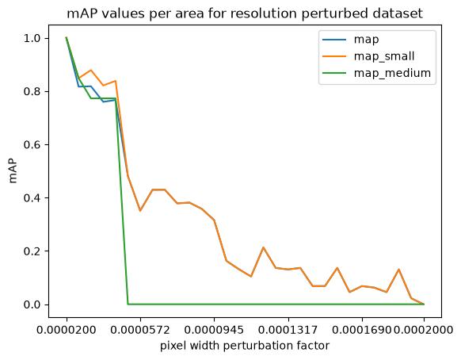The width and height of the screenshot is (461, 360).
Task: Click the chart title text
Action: pos(245,13)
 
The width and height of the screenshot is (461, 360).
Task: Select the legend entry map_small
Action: pos(384,56)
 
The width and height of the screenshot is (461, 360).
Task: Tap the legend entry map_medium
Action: pos(392,73)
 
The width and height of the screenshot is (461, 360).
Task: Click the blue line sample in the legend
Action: pos(334,39)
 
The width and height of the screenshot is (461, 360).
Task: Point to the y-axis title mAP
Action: pos(13,171)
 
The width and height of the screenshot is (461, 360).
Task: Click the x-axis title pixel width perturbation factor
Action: pos(245,345)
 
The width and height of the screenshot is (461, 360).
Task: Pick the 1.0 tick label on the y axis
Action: pos(32,38)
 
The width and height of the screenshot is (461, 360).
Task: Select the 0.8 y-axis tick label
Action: pos(32,91)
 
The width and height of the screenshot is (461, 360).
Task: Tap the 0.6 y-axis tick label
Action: pos(32,145)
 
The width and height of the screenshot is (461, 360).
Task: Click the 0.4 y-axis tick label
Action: pos(32,197)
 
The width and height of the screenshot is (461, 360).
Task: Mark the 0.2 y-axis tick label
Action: pos(32,251)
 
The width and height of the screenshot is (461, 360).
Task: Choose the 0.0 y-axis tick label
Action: pos(32,304)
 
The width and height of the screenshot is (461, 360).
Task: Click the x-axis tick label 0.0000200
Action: pos(67,330)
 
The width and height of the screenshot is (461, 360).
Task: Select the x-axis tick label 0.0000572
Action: pos(140,330)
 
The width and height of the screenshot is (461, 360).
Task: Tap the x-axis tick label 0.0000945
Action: pos(214,330)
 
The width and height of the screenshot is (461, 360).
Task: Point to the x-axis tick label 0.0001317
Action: pos(288,330)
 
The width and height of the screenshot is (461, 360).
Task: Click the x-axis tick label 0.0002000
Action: pos(423,330)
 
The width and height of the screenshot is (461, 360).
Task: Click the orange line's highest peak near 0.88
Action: pos(91,70)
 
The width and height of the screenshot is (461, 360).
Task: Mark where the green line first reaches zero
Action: pos(128,304)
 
